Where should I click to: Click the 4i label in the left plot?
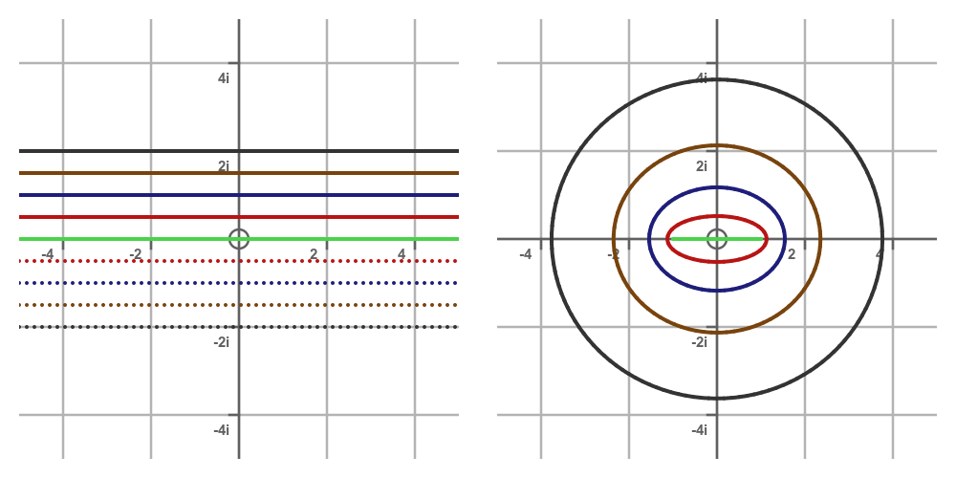tap(223, 78)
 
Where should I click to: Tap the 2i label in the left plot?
tap(223, 166)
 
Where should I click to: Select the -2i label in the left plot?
tap(221, 342)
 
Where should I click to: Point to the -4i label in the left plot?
tap(221, 430)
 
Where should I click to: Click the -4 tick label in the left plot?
tap(47, 254)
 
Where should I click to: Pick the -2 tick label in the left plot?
tap(135, 254)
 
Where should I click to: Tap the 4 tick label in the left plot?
tap(402, 254)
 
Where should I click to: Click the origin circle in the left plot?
tap(239, 239)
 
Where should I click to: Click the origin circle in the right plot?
tap(717, 239)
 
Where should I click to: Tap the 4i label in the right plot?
tap(701, 78)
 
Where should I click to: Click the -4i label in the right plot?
tap(699, 430)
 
